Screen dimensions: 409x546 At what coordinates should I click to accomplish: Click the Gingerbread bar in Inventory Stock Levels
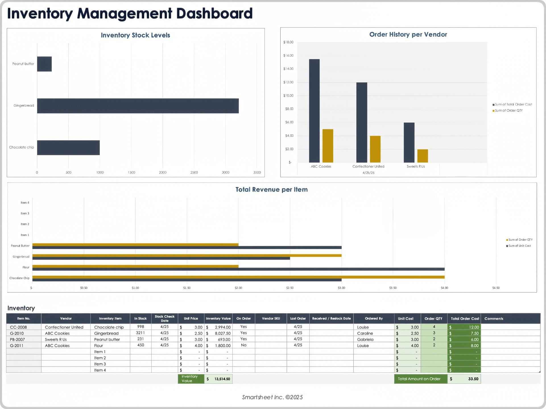[x=138, y=106]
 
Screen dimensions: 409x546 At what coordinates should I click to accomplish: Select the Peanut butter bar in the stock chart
[x=44, y=64]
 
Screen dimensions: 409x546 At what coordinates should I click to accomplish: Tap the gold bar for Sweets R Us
[x=423, y=156]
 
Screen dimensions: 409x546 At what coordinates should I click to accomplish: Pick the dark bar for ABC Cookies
[x=314, y=111]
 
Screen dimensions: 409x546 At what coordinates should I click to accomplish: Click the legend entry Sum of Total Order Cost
[x=513, y=105]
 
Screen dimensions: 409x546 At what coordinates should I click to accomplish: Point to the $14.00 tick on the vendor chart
[x=288, y=69]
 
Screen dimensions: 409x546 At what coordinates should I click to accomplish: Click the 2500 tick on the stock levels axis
[x=194, y=172]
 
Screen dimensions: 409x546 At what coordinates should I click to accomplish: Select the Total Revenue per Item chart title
[x=271, y=189]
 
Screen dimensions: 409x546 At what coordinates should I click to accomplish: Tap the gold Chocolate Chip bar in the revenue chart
[x=238, y=277]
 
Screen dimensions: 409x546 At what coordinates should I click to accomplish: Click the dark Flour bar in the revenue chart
[x=238, y=269]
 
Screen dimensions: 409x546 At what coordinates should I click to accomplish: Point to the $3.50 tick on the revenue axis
[x=393, y=288]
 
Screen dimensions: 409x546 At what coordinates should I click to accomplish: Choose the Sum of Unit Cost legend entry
[x=519, y=246]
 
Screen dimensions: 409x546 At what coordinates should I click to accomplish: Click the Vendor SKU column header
[x=271, y=318]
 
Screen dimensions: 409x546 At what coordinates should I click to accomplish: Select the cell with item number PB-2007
[x=18, y=339]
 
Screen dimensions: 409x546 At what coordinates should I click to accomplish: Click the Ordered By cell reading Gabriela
[x=365, y=339]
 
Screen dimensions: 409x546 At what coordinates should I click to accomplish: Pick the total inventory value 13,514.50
[x=222, y=379]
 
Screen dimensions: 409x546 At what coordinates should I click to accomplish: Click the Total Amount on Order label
[x=419, y=379]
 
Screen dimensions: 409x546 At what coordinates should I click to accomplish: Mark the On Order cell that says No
[x=243, y=345]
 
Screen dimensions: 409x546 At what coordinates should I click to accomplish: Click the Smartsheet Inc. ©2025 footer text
[x=272, y=397]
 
